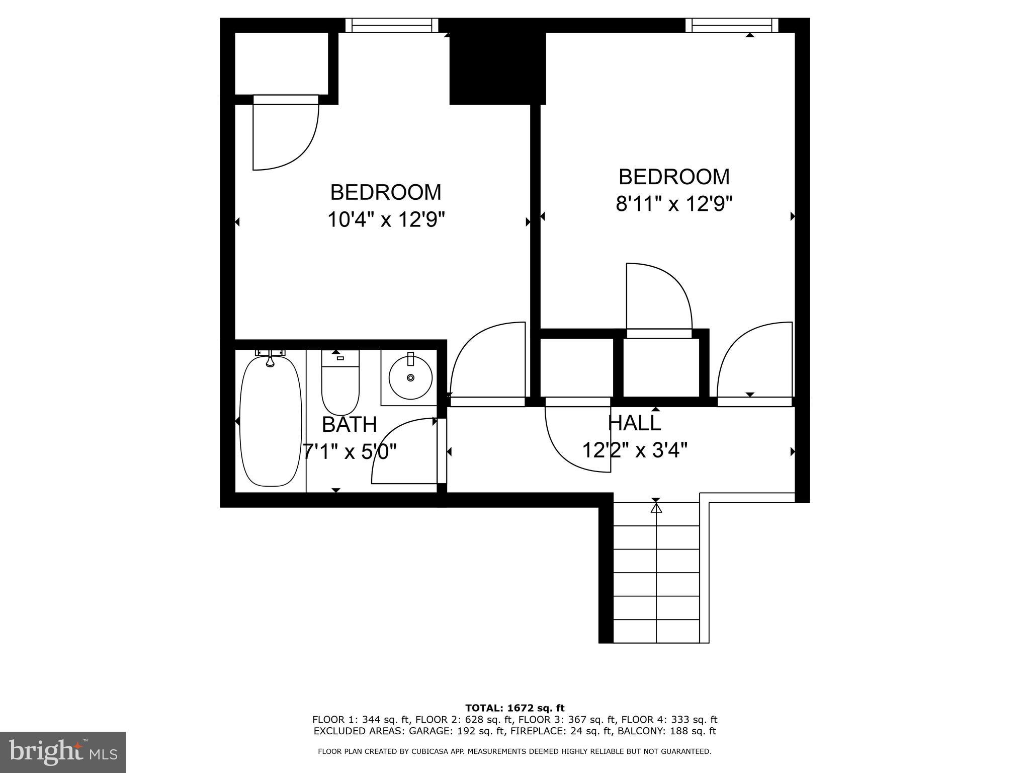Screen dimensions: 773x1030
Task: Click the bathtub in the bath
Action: tap(271, 421)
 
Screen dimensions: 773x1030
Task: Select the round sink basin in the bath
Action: tap(410, 377)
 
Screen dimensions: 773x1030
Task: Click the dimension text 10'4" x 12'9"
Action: tap(386, 220)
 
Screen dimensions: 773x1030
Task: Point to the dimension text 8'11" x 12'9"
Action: tap(674, 204)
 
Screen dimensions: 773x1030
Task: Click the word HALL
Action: tap(635, 423)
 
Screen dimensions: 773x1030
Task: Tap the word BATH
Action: tap(349, 425)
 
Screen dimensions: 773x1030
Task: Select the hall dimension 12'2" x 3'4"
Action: tap(635, 450)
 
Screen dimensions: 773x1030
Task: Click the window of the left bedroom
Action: tap(391, 25)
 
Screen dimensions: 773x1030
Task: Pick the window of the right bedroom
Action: tap(732, 25)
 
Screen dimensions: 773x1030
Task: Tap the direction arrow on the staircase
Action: tap(656, 508)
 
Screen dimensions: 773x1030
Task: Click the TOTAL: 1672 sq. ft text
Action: tap(515, 708)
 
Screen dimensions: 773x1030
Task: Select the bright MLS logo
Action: tap(62, 752)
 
